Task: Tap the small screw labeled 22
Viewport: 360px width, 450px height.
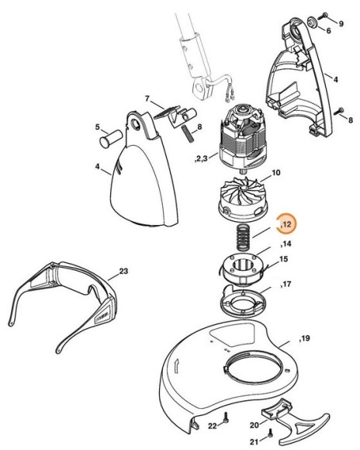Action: coord(225,419)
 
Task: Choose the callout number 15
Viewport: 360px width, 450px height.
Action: coord(284,259)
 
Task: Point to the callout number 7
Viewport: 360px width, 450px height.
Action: coord(147,99)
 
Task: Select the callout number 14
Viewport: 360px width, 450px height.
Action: coord(286,244)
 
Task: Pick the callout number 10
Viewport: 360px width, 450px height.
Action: coord(275,171)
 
